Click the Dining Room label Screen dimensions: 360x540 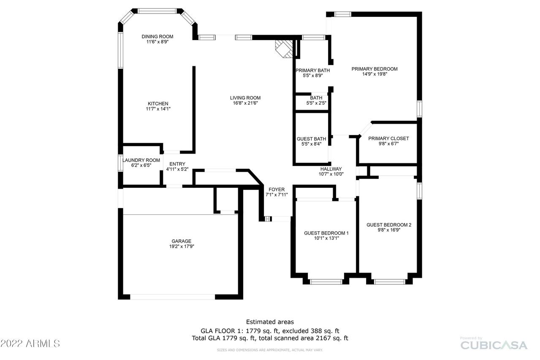coord(157,37)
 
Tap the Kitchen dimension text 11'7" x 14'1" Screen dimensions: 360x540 coord(158,109)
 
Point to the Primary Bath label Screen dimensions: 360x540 coord(312,70)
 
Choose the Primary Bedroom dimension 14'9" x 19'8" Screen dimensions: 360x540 coord(374,74)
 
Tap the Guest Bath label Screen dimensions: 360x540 coord(311,139)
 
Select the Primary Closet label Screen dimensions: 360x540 coord(388,138)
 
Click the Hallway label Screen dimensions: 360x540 coord(331,169)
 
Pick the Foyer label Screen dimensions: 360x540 coord(277,189)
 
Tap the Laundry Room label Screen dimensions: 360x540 coord(141,160)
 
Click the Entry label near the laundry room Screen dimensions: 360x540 coord(177,164)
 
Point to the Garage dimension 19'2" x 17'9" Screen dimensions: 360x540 coord(181,246)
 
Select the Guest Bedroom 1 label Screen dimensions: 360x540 coord(326,233)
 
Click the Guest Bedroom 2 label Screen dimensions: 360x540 coord(388,225)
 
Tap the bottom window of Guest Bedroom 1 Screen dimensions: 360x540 coord(326,282)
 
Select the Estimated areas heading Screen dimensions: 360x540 coord(270,322)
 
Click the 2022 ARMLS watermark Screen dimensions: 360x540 coord(30,344)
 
